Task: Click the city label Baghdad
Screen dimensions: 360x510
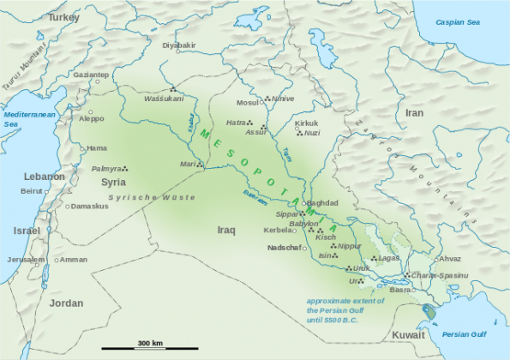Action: (322, 202)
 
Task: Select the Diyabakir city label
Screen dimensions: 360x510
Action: (179, 45)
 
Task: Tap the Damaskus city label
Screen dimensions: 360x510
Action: (90, 207)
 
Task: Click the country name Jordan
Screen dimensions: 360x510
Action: (66, 303)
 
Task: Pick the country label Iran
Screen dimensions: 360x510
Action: (414, 112)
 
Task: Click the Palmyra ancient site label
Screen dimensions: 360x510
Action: (106, 169)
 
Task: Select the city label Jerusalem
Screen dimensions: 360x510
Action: (25, 260)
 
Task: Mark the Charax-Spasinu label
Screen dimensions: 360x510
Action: (440, 274)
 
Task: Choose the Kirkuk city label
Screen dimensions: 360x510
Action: (306, 123)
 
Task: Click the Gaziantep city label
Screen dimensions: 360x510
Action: (90, 75)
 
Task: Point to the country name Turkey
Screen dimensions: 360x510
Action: (63, 17)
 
